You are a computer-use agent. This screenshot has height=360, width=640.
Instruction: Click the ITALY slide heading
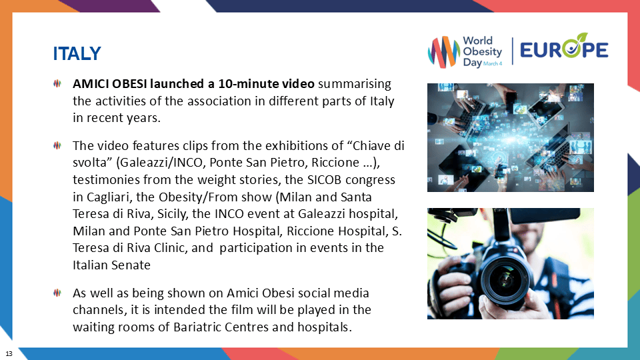click(x=77, y=53)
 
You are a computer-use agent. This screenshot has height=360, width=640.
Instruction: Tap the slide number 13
click(x=9, y=352)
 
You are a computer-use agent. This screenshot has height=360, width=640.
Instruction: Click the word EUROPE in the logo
click(x=564, y=50)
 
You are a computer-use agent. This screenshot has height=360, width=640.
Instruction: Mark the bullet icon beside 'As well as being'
click(x=57, y=293)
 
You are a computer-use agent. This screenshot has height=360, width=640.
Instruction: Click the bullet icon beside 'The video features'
click(x=57, y=145)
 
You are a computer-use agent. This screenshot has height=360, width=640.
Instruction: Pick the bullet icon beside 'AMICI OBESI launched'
click(x=57, y=85)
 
